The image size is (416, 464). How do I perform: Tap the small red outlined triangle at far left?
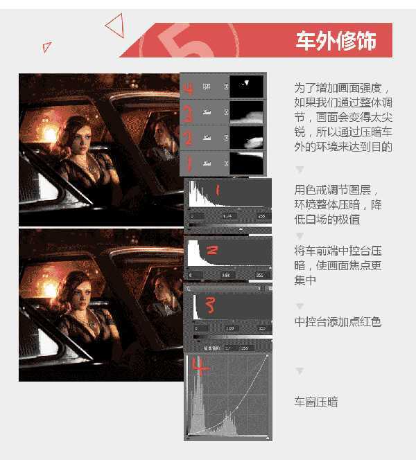[x=46, y=47]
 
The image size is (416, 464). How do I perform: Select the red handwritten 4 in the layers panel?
[x=188, y=87]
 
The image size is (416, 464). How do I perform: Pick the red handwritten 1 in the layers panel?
[x=187, y=164]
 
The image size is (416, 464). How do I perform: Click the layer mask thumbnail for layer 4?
[x=247, y=86]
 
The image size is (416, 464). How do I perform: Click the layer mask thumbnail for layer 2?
[x=247, y=138]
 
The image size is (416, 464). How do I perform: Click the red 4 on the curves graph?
[x=200, y=367]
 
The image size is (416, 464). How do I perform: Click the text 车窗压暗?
[x=315, y=402]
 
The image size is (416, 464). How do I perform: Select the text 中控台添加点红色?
[x=337, y=322]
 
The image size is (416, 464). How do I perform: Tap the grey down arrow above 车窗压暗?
[x=300, y=371]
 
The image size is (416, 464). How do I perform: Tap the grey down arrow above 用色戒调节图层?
[x=300, y=169]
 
